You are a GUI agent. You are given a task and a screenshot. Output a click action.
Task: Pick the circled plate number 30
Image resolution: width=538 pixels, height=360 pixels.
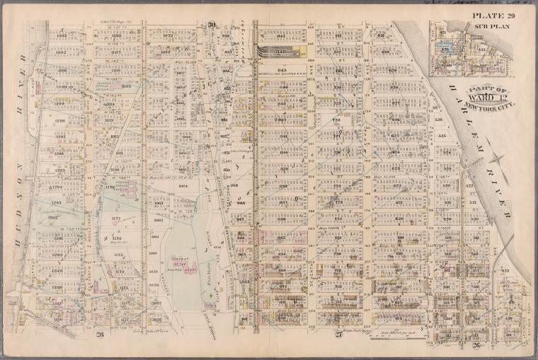coord(211,26)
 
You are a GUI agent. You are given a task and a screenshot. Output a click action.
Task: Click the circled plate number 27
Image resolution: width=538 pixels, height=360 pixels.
coord(338,317)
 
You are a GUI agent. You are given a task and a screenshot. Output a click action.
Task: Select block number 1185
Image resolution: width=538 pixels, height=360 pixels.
coord(127,86)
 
